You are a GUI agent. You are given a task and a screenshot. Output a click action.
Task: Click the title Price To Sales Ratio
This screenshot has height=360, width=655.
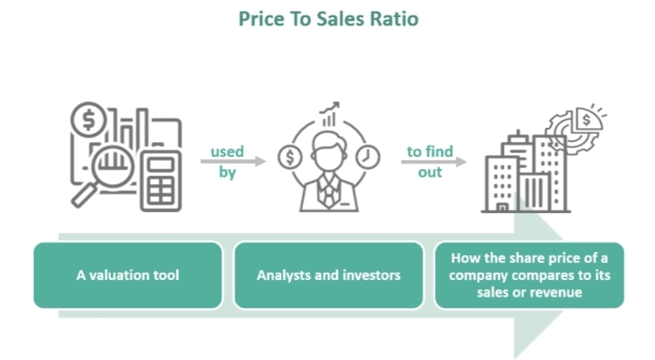pyautogui.click(x=328, y=18)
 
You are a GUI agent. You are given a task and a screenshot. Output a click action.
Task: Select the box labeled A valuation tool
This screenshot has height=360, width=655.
pyautogui.click(x=128, y=275)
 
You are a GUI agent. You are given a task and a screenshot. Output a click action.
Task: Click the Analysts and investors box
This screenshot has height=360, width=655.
pyautogui.click(x=329, y=275)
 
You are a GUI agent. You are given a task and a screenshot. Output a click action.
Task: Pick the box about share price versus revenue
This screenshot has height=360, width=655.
pyautogui.click(x=529, y=275)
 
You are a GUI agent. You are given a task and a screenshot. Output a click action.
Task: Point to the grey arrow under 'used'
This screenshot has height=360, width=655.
pyautogui.click(x=233, y=161)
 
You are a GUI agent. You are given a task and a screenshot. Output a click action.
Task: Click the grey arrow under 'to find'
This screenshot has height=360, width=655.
pyautogui.click(x=434, y=161)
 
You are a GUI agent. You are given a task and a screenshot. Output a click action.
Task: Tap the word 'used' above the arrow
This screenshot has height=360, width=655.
pyautogui.click(x=227, y=152)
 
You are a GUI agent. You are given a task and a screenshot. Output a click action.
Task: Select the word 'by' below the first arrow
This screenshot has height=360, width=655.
pyautogui.click(x=227, y=172)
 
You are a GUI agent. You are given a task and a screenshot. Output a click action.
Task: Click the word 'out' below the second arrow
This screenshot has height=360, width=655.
pyautogui.click(x=430, y=172)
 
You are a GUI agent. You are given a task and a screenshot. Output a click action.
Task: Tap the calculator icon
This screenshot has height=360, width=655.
pyautogui.click(x=161, y=181)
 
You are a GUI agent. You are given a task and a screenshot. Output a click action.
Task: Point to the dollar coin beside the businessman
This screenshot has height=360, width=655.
pyautogui.click(x=290, y=157)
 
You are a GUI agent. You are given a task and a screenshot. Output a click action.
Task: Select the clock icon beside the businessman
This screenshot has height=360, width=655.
pyautogui.click(x=367, y=157)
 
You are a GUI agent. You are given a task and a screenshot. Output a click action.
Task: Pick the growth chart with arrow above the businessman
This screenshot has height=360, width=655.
pyautogui.click(x=330, y=114)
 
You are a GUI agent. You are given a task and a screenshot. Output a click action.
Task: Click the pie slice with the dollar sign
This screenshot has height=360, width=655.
pyautogui.click(x=588, y=118)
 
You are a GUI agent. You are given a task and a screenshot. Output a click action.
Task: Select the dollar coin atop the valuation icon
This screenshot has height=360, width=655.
pyautogui.click(x=89, y=120)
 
